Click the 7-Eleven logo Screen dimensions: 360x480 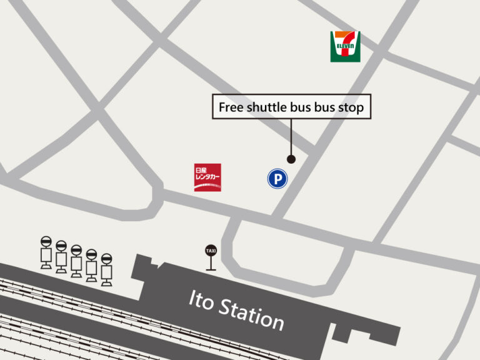click(345, 46)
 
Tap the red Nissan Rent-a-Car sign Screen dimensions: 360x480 click(207, 177)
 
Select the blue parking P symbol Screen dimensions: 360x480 click(277, 179)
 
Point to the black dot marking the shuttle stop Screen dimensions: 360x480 click(291, 159)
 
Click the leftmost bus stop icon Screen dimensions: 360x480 click(46, 252)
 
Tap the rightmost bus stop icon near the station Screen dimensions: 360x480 click(106, 269)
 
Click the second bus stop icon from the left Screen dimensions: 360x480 click(61, 257)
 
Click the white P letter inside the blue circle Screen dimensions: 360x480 click(277, 179)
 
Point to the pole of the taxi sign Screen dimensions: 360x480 click(211, 263)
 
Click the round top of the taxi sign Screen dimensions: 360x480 click(211, 251)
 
